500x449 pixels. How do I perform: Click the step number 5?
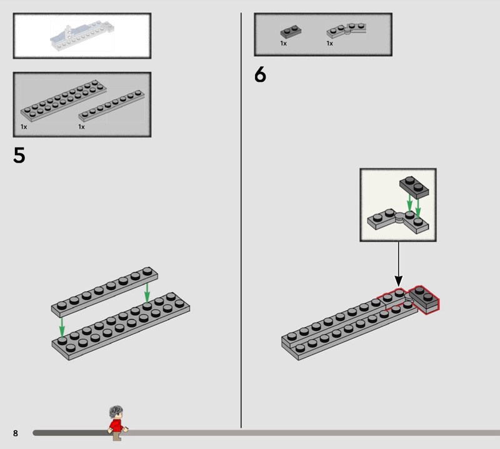(x=19, y=156)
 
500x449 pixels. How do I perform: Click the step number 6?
(x=260, y=74)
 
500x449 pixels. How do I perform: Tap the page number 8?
(x=15, y=433)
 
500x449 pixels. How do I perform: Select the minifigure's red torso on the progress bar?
(x=116, y=425)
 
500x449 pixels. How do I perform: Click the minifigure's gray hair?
(x=116, y=411)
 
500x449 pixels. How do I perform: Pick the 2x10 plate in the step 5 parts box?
(x=64, y=101)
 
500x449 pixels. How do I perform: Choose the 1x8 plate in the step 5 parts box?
(x=111, y=106)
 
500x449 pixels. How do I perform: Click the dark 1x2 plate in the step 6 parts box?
(x=291, y=31)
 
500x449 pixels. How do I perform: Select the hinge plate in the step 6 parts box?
(x=346, y=30)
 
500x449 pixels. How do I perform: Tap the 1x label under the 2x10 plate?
(x=24, y=127)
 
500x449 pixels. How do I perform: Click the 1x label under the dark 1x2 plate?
(x=284, y=43)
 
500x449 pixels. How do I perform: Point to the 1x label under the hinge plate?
(x=330, y=43)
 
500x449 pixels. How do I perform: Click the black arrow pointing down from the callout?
(x=398, y=264)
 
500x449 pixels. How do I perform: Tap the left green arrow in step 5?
(x=62, y=327)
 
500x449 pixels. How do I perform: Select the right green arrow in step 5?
(x=147, y=293)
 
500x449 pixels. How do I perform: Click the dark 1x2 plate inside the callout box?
(x=414, y=188)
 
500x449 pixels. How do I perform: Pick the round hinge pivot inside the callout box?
(x=399, y=217)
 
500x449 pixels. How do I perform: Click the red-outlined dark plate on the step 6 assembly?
(x=424, y=300)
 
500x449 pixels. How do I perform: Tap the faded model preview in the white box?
(x=82, y=35)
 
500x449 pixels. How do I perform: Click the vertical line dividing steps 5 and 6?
(x=241, y=220)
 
